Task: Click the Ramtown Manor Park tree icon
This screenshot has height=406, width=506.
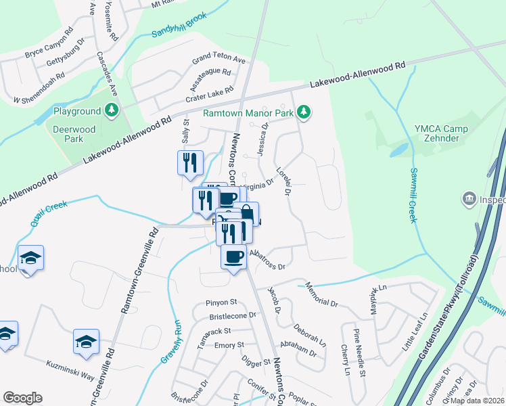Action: [304, 112]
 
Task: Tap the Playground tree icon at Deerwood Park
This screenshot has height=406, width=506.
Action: [112, 110]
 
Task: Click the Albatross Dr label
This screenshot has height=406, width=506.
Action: [269, 261]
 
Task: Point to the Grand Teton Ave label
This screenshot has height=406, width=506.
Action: [218, 59]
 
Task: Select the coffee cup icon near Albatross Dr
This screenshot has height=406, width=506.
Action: [234, 257]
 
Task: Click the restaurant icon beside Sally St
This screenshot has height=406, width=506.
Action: [190, 162]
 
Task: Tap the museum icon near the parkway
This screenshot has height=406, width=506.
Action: [467, 199]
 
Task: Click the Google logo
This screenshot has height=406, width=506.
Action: [22, 397]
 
